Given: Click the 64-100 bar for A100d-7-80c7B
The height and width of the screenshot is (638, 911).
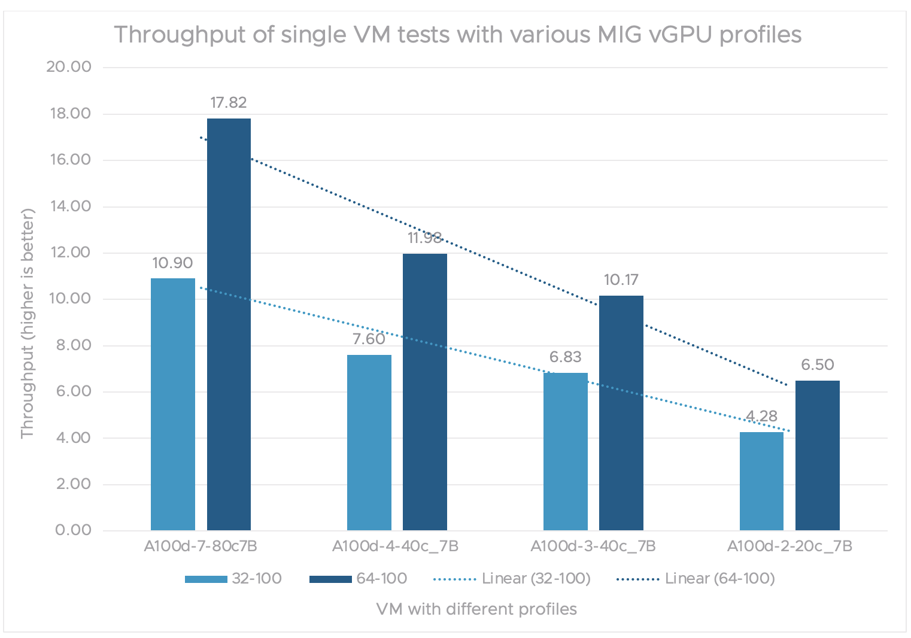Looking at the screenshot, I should point(229,323).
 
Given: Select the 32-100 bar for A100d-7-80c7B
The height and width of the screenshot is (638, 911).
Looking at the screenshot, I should point(173,404).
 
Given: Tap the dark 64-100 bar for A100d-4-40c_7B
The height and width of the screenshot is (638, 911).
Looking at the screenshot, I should point(425,392).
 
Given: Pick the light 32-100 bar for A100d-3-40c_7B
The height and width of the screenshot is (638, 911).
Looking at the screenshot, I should point(566,451).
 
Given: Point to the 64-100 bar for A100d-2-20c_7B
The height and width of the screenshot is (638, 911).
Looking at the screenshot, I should point(818,455).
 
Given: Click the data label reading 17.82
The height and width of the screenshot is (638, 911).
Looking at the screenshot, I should point(229,103).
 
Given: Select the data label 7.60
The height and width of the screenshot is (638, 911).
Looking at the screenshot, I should point(369,339).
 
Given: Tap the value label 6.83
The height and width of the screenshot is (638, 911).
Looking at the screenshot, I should point(566,357).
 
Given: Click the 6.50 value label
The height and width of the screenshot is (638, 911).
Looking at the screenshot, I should point(818,365).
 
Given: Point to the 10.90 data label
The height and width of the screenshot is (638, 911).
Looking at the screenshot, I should point(172,263).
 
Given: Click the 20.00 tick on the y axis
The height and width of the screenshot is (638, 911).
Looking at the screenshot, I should point(69,67).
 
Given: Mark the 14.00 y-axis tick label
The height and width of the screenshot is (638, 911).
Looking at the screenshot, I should point(69,206).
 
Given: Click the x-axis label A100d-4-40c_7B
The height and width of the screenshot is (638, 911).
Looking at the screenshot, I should point(396,546).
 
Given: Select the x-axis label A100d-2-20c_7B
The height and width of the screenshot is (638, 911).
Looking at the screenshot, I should point(789,546).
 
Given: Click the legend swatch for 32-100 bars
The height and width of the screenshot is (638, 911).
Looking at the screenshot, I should point(206,579).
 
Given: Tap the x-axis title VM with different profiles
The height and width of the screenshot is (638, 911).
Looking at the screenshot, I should point(476,609).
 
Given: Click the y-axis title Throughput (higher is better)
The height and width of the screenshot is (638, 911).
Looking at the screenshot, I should point(28,323).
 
